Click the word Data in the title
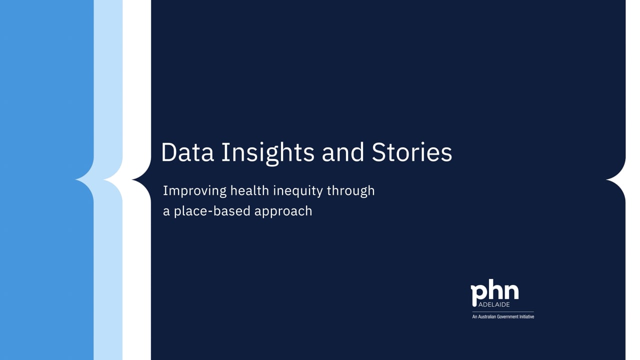(x=187, y=152)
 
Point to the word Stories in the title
(x=411, y=152)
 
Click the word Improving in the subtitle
(x=194, y=191)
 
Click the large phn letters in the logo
(x=494, y=293)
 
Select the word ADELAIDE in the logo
(x=493, y=304)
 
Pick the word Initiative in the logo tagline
(x=525, y=316)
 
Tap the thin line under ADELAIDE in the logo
(x=503, y=311)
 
